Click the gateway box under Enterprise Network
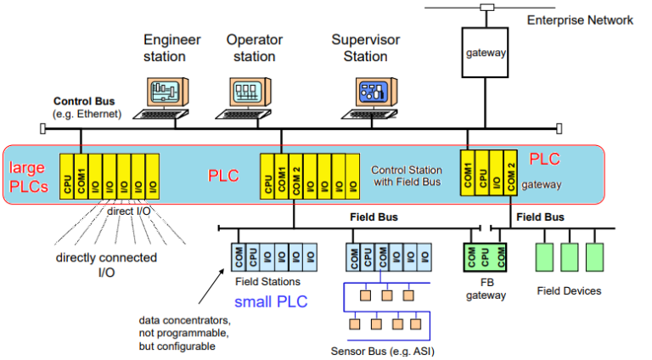click(486, 53)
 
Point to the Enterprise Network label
click(580, 20)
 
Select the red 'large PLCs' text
click(27, 176)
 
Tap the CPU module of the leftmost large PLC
click(67, 177)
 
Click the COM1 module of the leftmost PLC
click(81, 177)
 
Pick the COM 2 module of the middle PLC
click(296, 177)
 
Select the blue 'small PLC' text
click(273, 300)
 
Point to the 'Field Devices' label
click(569, 291)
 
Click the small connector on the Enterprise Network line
click(486, 8)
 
